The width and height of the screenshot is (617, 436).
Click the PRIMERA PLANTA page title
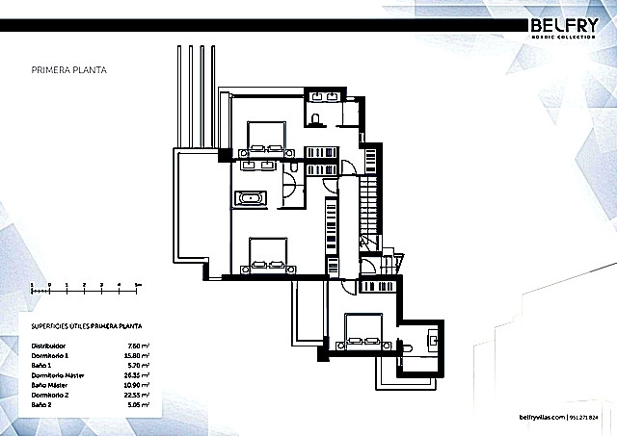click(x=68, y=70)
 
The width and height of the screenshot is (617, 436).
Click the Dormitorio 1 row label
click(x=50, y=353)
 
